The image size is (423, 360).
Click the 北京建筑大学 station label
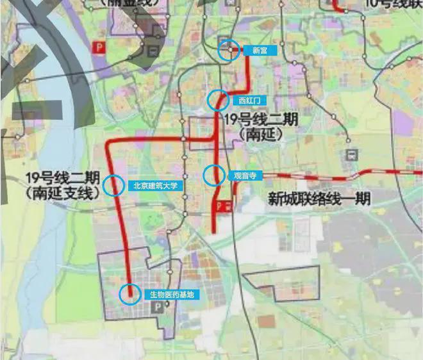155,186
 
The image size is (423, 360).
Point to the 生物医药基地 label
171,295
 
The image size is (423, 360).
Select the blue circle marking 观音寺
214,174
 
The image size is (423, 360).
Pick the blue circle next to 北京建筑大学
113,185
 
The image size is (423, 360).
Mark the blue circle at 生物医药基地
131,294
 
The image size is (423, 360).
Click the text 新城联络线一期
319,199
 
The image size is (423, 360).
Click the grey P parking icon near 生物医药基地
154,308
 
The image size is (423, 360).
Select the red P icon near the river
99,47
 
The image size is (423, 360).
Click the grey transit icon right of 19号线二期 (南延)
351,154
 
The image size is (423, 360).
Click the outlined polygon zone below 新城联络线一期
281,282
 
